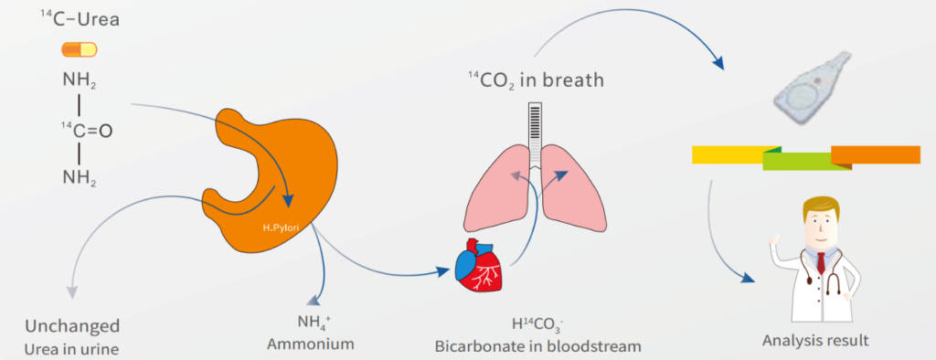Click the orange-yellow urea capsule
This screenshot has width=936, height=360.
(80, 49)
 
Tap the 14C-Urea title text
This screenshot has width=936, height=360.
(80, 20)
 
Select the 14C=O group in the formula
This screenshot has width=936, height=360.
(86, 130)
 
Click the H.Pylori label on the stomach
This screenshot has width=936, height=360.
(280, 228)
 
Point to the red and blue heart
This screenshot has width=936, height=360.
(480, 265)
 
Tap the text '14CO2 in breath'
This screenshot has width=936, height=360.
(536, 79)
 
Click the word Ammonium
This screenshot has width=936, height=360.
(311, 344)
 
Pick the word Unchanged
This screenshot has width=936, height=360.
(72, 326)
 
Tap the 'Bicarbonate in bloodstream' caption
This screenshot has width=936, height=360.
(537, 346)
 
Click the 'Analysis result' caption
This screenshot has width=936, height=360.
(815, 342)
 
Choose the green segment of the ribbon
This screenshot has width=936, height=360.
(807, 161)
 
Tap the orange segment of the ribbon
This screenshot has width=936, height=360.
(875, 154)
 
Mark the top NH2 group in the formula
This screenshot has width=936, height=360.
(80, 80)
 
